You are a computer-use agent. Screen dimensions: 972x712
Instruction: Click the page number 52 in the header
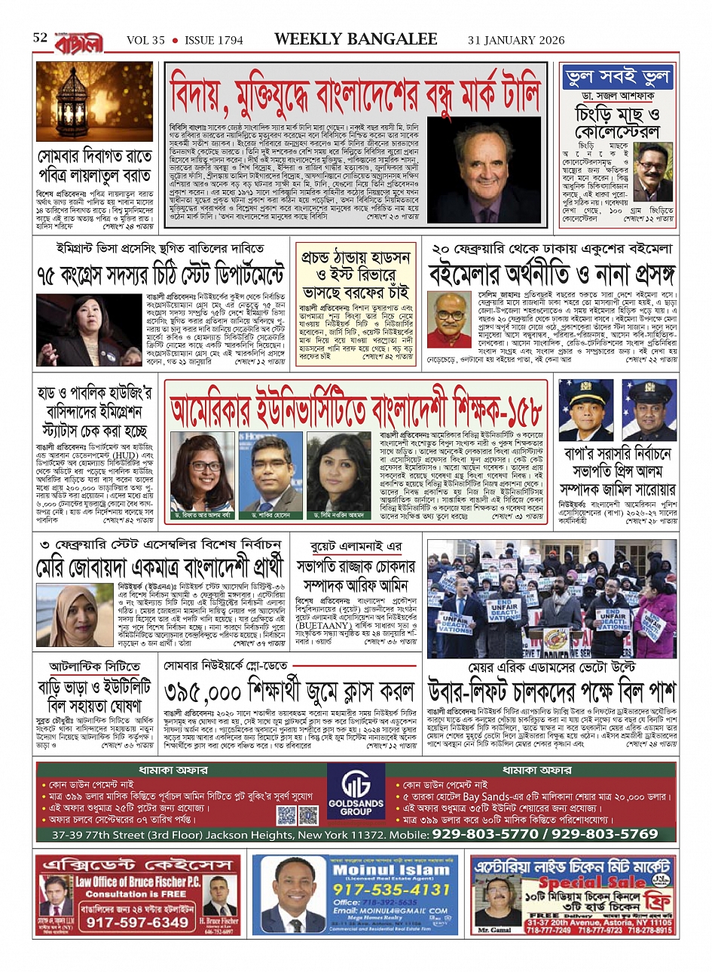[x=41, y=38]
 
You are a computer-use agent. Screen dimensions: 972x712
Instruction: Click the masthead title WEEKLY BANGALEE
[x=356, y=39]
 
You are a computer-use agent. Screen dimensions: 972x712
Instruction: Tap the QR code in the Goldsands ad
[x=287, y=815]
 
